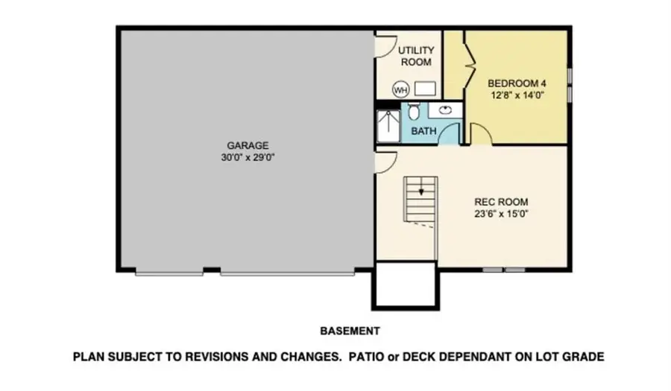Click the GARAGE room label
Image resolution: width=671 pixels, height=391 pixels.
pos(248,145)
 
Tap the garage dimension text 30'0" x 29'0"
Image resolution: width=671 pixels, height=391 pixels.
pos(248,157)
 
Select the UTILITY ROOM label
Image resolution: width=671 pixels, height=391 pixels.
pos(416,57)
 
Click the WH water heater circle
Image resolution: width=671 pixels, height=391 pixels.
pos(401,90)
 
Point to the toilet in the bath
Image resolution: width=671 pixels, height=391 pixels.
pos(413,112)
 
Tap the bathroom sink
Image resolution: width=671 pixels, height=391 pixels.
pos(445,111)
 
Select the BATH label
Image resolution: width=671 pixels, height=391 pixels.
pos(423,132)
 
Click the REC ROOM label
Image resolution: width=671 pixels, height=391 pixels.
pos(502,201)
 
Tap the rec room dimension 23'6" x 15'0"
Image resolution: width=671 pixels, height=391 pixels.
pos(502,213)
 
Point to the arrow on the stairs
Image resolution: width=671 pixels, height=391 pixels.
pos(421,191)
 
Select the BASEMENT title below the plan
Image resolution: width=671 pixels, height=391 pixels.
pos(350,330)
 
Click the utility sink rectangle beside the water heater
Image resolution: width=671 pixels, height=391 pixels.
pos(425,90)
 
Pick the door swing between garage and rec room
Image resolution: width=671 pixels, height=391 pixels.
pos(384,162)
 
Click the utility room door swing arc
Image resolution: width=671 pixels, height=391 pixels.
pos(382,46)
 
